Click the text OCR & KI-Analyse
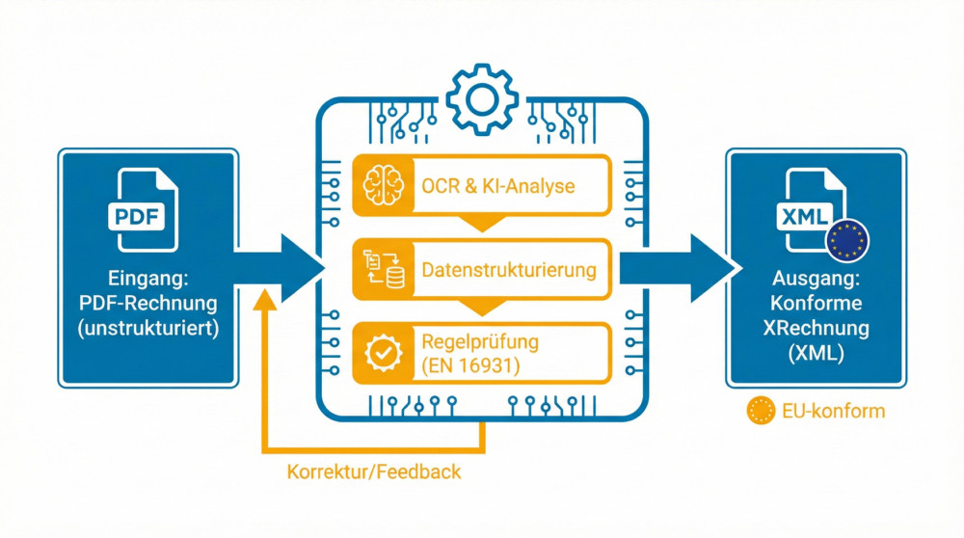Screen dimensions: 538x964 click(497, 185)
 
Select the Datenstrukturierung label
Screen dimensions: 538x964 click(509, 270)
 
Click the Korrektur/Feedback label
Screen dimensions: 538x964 click(373, 472)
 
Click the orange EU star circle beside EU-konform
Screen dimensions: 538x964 click(761, 412)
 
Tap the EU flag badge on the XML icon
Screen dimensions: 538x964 click(847, 241)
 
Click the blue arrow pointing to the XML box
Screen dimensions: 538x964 click(675, 269)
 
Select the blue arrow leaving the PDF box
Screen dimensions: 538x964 click(280, 269)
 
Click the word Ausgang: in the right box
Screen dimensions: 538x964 click(817, 280)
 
